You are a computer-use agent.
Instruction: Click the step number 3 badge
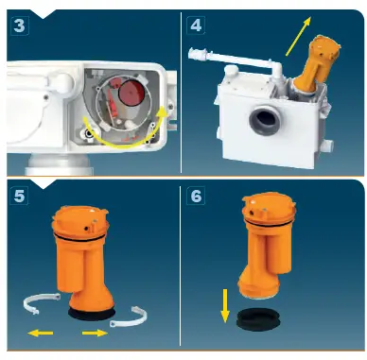click(19, 26)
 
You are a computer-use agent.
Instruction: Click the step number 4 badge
click(197, 26)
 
